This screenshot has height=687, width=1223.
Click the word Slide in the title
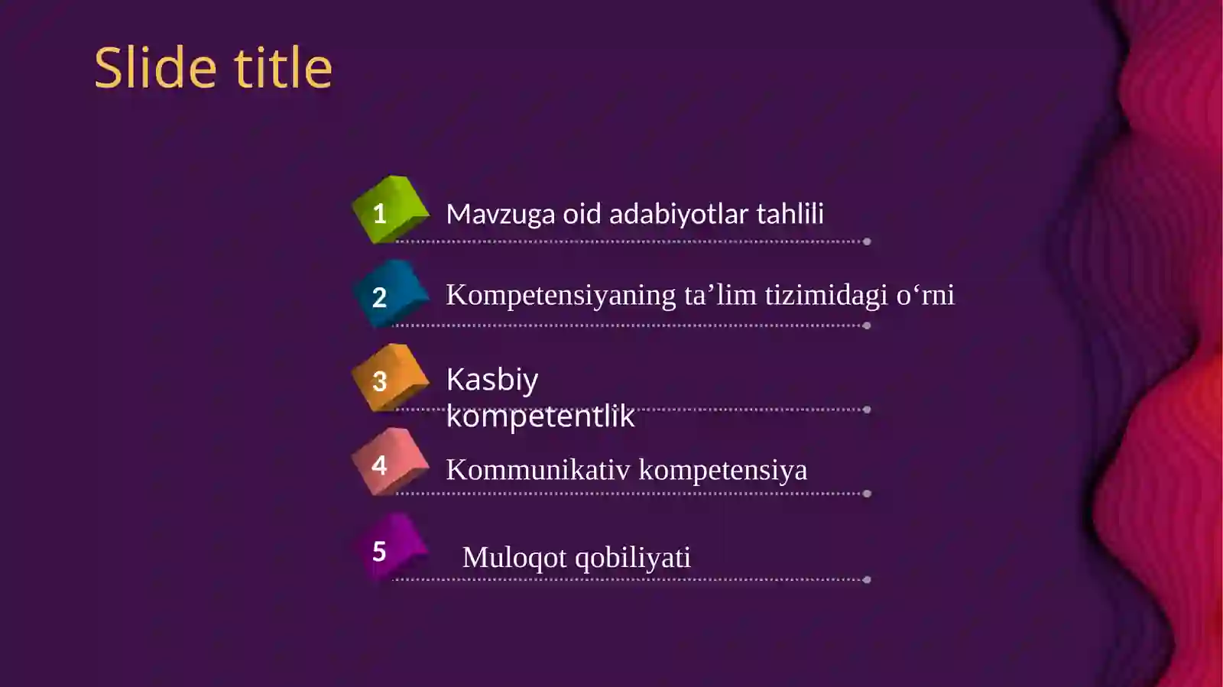pyautogui.click(x=156, y=68)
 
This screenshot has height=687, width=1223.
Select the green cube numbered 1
pyautogui.click(x=389, y=210)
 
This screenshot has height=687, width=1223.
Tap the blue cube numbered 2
pyautogui.click(x=389, y=295)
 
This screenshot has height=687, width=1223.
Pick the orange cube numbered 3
pyautogui.click(x=389, y=378)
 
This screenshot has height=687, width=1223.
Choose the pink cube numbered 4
pyautogui.click(x=389, y=462)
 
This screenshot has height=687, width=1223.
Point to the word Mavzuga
pyautogui.click(x=500, y=215)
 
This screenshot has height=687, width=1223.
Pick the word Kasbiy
pyautogui.click(x=492, y=379)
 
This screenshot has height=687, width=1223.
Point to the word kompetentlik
pyautogui.click(x=540, y=416)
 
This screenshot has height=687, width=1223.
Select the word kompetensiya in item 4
pyautogui.click(x=722, y=470)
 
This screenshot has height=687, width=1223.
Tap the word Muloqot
pyautogui.click(x=514, y=557)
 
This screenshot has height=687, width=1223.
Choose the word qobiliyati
pyautogui.click(x=632, y=558)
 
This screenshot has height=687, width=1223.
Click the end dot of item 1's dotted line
pyautogui.click(x=867, y=241)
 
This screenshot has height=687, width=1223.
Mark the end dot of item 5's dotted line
pyautogui.click(x=867, y=580)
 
